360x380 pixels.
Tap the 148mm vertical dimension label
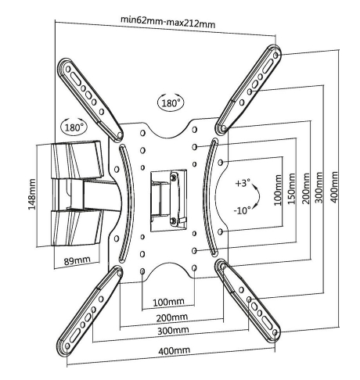click(31, 194)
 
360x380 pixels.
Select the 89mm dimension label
click(77, 260)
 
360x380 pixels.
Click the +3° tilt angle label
click(243, 183)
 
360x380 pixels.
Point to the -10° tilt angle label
click(242, 210)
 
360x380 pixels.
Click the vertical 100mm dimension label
click(279, 190)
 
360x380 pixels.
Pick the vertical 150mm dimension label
click(292, 188)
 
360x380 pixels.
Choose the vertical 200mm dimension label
click(306, 188)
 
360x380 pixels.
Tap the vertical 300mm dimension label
click(319, 187)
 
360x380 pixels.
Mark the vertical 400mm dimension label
click(334, 187)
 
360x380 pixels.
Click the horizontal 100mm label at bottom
click(168, 302)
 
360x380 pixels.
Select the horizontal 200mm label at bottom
click(172, 317)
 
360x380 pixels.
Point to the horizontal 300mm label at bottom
click(173, 331)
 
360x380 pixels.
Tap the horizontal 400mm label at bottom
click(175, 351)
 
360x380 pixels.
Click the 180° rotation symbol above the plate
click(171, 102)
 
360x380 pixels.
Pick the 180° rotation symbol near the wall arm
click(74, 127)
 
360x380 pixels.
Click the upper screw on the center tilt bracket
click(173, 177)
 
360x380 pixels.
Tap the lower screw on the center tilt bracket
click(173, 220)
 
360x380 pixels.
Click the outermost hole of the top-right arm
click(275, 56)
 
